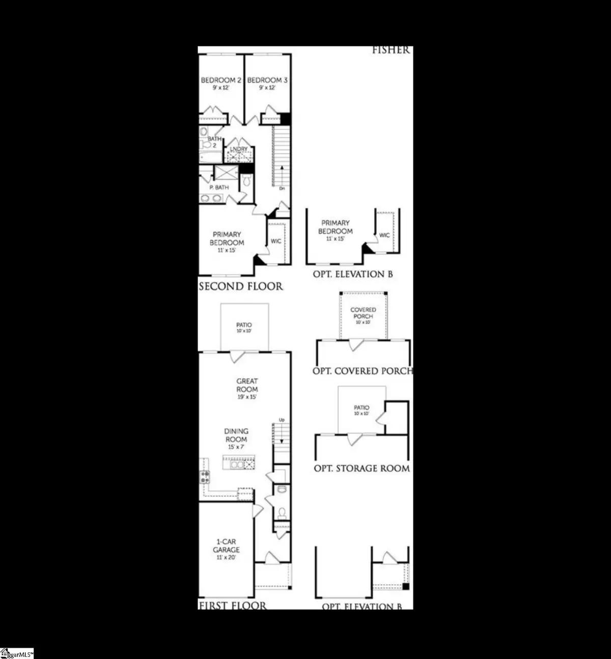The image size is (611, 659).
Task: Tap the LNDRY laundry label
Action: (238, 149)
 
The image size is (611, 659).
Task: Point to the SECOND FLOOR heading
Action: (240, 286)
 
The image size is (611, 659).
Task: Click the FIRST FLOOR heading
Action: (232, 605)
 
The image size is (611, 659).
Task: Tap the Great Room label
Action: (247, 385)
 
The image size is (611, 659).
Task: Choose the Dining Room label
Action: (236, 435)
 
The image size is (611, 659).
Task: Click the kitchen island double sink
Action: (237, 464)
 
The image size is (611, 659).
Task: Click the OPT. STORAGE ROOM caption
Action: (362, 468)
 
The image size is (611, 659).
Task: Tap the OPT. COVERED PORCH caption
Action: (363, 371)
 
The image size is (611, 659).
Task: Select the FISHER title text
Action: (391, 50)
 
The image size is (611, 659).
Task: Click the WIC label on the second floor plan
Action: (276, 241)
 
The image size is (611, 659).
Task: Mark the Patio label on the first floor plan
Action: (244, 327)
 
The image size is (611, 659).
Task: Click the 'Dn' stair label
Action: (282, 188)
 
